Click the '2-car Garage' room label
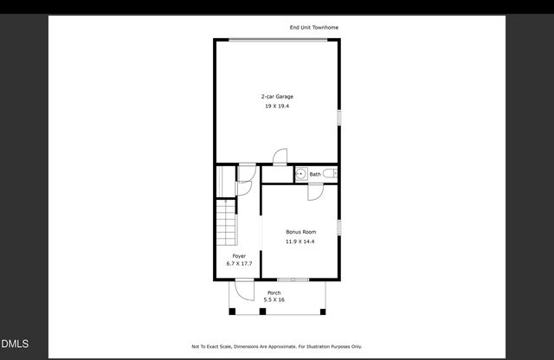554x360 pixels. (x=277, y=96)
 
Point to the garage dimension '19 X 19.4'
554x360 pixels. (x=277, y=106)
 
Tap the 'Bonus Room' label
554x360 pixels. (x=301, y=232)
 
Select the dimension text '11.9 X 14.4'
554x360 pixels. (x=300, y=241)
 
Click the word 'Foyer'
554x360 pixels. (x=238, y=256)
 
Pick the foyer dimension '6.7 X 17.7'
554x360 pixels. (x=238, y=263)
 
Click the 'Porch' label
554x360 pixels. (x=274, y=292)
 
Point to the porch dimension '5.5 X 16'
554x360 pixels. (x=274, y=299)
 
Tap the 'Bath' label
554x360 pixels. (x=314, y=174)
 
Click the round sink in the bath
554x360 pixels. (x=300, y=174)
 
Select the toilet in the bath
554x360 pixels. (x=334, y=174)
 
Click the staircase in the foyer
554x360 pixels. (x=226, y=222)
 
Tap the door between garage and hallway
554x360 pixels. (x=280, y=157)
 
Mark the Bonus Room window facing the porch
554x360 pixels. (x=293, y=280)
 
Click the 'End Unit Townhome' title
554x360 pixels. (x=313, y=28)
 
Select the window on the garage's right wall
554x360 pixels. (x=338, y=116)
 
